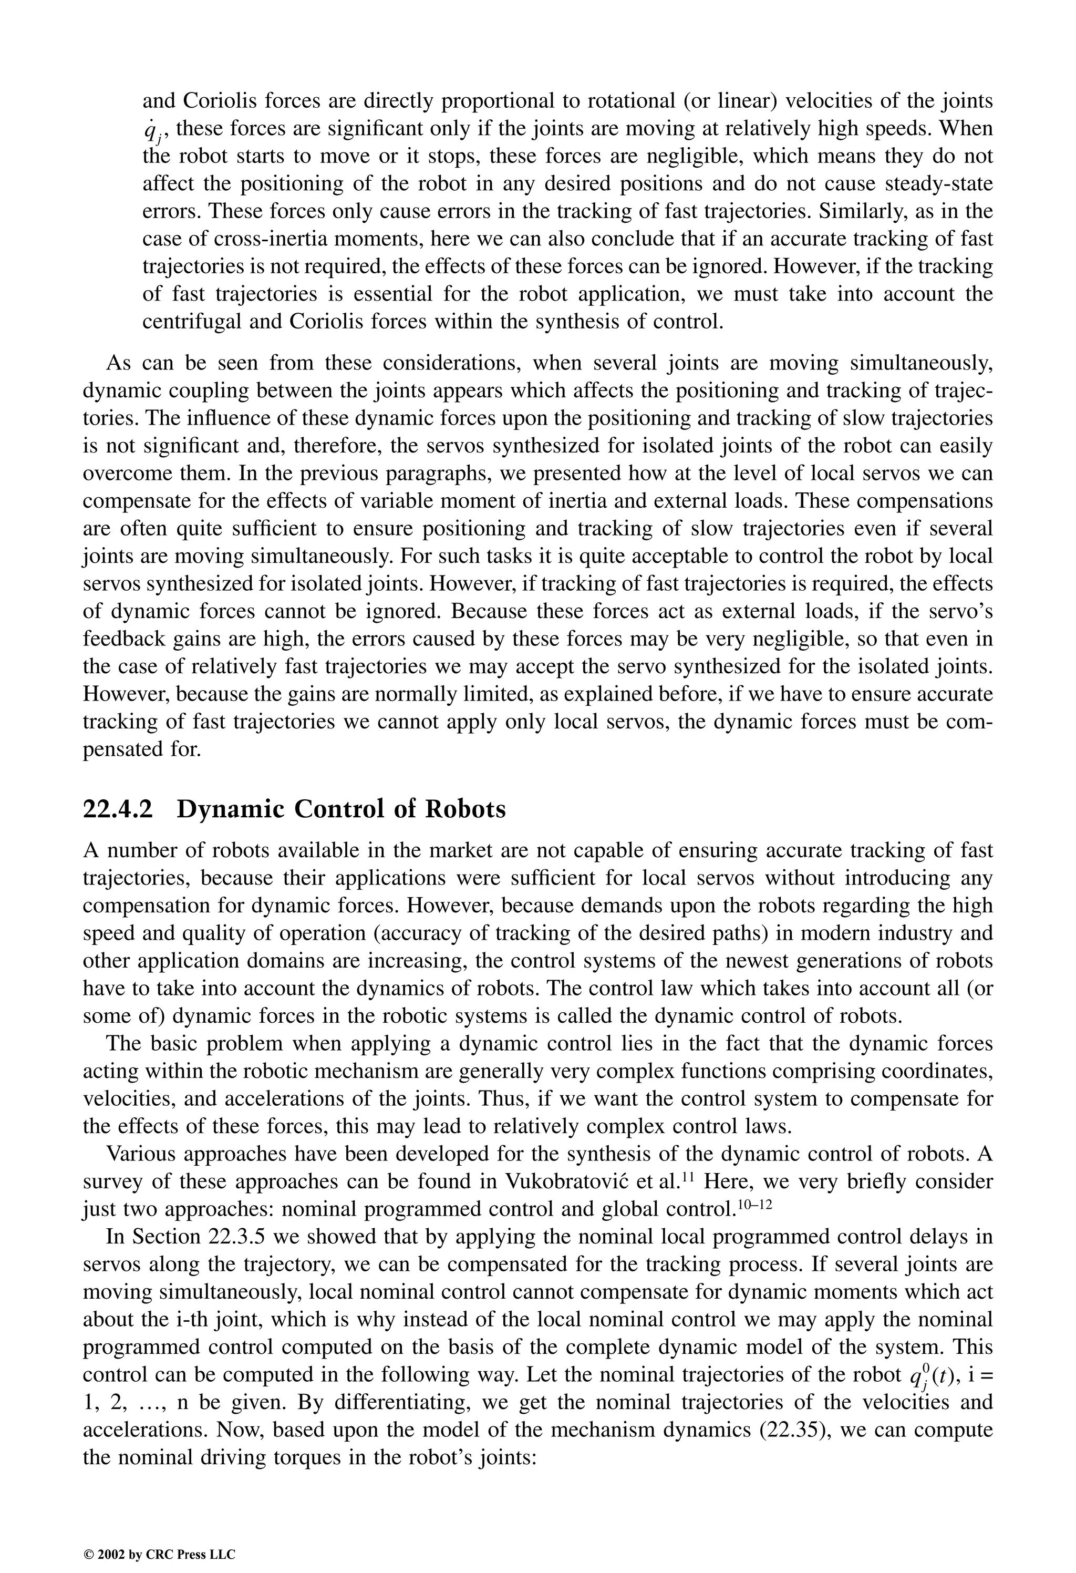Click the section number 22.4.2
[117, 809]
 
